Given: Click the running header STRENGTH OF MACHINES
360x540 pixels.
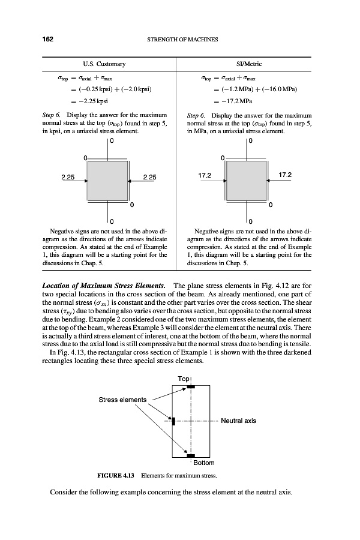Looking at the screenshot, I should pyautogui.click(x=182, y=40).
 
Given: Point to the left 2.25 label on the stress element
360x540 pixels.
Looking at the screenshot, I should pyautogui.click(x=68, y=177).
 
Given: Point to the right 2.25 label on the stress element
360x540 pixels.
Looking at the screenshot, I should pyautogui.click(x=149, y=177).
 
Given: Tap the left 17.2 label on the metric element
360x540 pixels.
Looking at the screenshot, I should pyautogui.click(x=205, y=175).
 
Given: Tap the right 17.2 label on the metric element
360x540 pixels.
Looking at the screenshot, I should pyautogui.click(x=286, y=175).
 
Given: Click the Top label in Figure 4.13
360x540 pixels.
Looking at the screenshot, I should pyautogui.click(x=183, y=379).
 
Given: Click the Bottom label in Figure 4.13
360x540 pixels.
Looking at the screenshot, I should pyautogui.click(x=203, y=463).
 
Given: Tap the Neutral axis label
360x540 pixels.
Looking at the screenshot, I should pyautogui.click(x=238, y=421).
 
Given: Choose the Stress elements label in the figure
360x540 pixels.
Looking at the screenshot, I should pyautogui.click(x=122, y=400).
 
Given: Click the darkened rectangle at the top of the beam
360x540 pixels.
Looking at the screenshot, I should pyautogui.click(x=191, y=387).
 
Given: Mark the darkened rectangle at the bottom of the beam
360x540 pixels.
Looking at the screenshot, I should pyautogui.click(x=191, y=456).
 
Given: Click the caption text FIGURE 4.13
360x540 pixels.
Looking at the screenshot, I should pyautogui.click(x=116, y=475).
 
